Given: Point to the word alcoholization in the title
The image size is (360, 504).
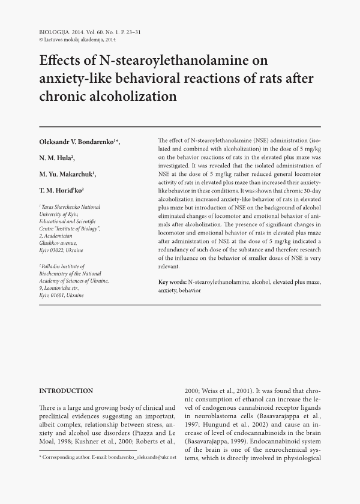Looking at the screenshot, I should tap(135, 96).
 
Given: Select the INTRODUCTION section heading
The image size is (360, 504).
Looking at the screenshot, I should tap(66, 391).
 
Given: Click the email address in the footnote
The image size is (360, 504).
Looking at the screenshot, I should tap(139, 458).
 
